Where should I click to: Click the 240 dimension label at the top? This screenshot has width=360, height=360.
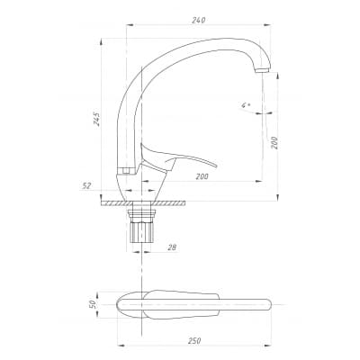tap(198, 20)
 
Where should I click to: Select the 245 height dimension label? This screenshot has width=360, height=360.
tap(96, 119)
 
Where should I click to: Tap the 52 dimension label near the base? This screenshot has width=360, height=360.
tap(86, 186)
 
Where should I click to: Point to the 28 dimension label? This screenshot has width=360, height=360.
tap(172, 247)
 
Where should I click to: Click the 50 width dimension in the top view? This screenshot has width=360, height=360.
tap(93, 304)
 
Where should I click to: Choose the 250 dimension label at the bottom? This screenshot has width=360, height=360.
tap(194, 341)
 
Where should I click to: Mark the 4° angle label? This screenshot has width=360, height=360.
tap(246, 105)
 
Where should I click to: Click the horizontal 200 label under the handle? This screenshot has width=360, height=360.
tap(202, 176)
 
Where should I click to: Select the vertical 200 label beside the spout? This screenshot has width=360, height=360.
tap(274, 143)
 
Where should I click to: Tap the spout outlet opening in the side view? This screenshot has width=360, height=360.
tap(263, 71)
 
